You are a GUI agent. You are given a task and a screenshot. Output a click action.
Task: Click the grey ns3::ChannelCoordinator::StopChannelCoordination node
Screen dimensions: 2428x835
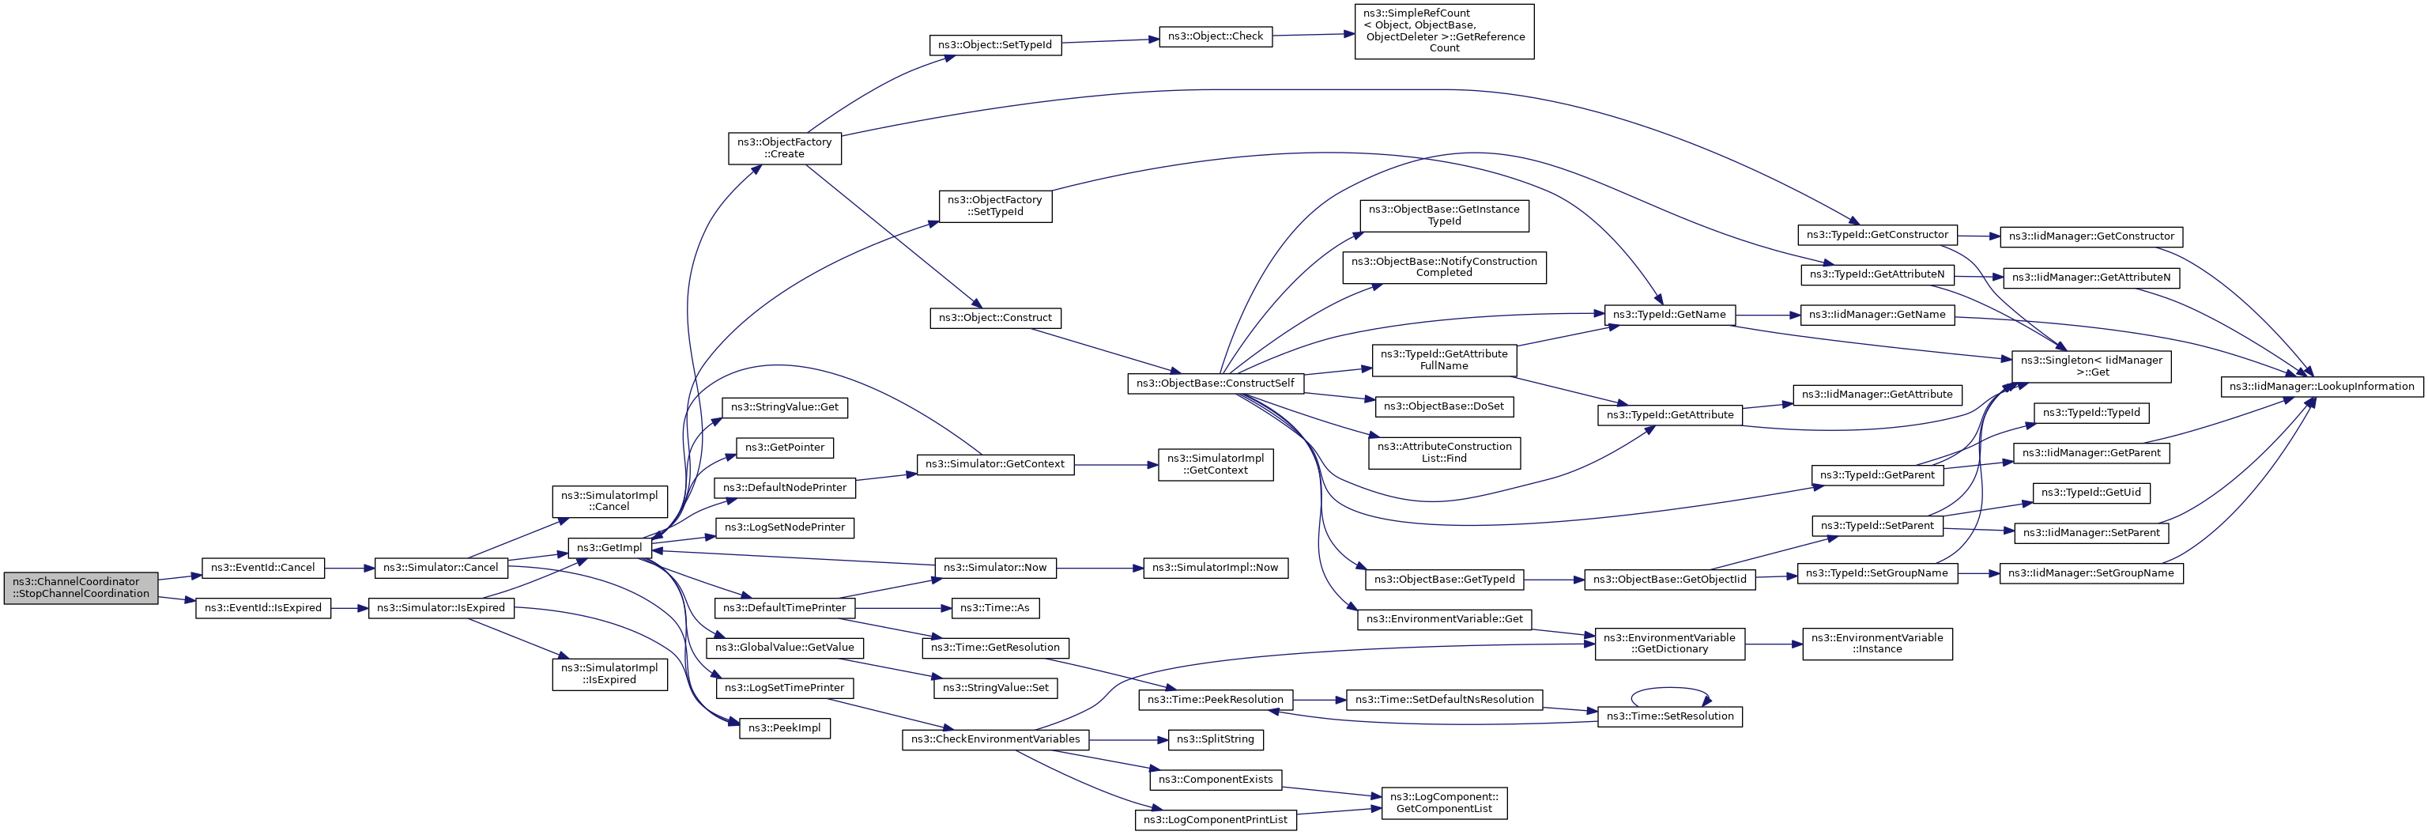coord(81,588)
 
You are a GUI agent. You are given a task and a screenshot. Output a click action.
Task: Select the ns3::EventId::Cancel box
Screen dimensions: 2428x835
coord(263,569)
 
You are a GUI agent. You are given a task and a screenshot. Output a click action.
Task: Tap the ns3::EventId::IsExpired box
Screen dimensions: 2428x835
coord(263,608)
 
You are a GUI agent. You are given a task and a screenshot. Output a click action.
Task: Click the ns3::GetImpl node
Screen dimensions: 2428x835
coord(609,547)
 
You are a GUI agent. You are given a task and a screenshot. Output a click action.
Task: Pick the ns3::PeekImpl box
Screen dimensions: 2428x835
coord(784,727)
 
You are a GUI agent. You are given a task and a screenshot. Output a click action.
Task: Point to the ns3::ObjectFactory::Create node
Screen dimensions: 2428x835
coord(784,148)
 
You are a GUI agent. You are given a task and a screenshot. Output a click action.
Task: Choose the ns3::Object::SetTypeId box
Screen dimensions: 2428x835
coord(994,44)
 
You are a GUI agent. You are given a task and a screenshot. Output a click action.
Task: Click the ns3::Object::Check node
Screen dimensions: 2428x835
coord(1215,36)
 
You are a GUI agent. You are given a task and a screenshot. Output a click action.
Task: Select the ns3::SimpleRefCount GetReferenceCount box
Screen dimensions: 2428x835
coord(1444,31)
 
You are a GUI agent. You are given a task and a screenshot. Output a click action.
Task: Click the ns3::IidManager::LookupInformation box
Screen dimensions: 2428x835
coord(2321,387)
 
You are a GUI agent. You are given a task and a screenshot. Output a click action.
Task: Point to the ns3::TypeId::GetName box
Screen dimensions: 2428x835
coord(1669,315)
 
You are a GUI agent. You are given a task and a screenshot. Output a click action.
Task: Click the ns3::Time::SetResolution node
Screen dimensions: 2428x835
coord(1669,716)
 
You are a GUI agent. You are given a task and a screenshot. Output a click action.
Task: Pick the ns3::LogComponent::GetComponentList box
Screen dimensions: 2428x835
coord(1444,803)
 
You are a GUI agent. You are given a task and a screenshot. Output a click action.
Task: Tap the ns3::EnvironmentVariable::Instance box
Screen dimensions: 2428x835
coord(1878,644)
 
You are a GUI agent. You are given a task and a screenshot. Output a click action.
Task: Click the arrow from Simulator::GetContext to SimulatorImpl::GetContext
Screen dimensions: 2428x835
coord(1116,465)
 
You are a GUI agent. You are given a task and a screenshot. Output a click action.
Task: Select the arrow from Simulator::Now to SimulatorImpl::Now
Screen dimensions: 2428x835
coord(1100,569)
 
